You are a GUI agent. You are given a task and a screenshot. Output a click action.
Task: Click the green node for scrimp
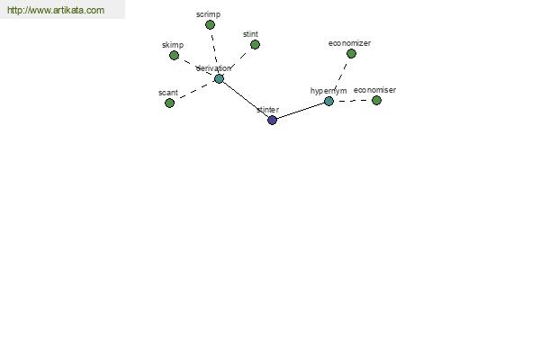(x=210, y=25)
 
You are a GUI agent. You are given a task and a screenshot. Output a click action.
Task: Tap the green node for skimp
(x=174, y=56)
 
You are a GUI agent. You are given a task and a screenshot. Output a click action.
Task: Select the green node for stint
(x=255, y=45)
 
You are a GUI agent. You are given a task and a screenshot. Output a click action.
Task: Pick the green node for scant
(x=169, y=103)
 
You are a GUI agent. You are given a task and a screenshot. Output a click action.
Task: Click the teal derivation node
(x=219, y=79)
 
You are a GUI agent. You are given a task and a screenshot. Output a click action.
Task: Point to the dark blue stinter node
(x=272, y=121)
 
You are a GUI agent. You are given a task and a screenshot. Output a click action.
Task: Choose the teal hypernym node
(x=328, y=102)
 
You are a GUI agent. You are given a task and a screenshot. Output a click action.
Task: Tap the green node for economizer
(x=351, y=54)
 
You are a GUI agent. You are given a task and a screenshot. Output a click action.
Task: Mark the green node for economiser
(x=376, y=101)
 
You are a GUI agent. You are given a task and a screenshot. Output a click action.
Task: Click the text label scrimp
(x=209, y=14)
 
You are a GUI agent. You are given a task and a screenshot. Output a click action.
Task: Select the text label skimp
(x=173, y=45)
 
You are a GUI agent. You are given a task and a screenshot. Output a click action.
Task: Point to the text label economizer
(x=349, y=43)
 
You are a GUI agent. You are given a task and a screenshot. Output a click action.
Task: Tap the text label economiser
(x=374, y=90)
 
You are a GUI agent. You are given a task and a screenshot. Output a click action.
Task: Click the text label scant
(x=168, y=93)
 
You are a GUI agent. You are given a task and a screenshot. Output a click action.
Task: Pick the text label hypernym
(x=328, y=91)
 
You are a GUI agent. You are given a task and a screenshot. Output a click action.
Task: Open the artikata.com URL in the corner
(x=56, y=10)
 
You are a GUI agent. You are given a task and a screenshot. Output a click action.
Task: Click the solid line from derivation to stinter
(x=246, y=100)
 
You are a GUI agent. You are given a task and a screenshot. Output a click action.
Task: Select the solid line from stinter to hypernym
(x=301, y=111)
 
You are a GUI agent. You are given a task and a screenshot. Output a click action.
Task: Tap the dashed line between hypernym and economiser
(x=353, y=101)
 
